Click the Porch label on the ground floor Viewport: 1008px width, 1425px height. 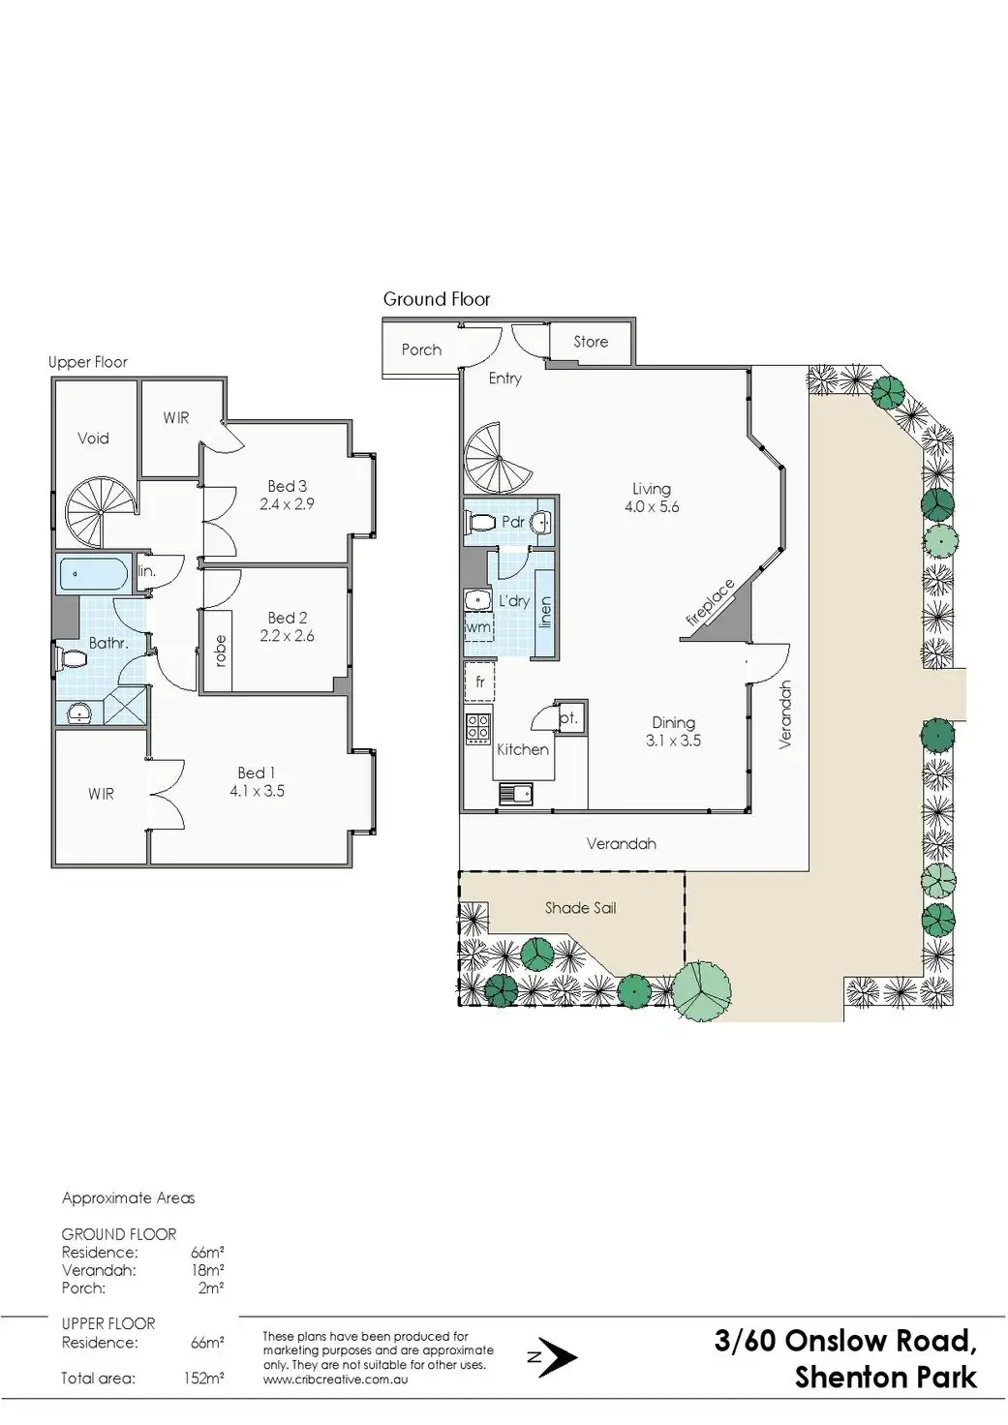point(421,350)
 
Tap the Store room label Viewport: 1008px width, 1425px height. point(591,342)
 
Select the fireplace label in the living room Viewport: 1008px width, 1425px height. point(711,607)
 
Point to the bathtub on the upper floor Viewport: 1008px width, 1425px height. point(93,574)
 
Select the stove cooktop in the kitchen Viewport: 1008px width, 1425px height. point(478,727)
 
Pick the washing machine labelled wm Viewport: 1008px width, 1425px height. point(478,628)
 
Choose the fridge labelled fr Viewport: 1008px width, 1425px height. point(480,682)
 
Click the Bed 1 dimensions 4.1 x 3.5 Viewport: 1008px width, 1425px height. point(257,791)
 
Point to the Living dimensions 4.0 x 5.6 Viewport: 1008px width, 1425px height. point(652,506)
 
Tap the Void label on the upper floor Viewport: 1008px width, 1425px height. point(93,439)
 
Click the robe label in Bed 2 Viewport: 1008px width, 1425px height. point(220,650)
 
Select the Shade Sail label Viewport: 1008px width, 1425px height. point(580,908)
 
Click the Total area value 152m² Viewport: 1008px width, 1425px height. point(203,1378)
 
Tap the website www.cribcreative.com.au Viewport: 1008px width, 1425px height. point(335,1379)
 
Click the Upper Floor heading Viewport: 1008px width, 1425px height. point(88,362)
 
